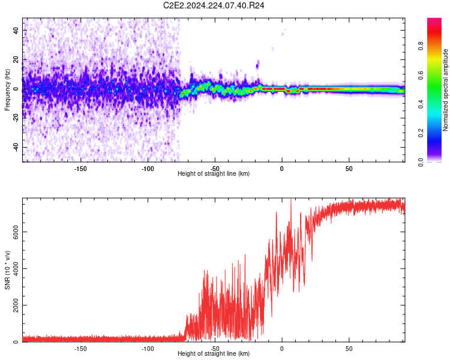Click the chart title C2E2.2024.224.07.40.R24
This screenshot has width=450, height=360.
point(214,5)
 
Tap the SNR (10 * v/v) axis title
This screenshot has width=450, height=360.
point(7,271)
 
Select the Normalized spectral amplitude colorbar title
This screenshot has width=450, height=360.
point(446,90)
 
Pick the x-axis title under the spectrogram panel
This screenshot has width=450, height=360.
point(214,174)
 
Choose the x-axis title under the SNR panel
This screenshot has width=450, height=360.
point(214,354)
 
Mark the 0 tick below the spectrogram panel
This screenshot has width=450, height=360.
point(281,168)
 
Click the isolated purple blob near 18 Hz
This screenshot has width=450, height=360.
point(258,64)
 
